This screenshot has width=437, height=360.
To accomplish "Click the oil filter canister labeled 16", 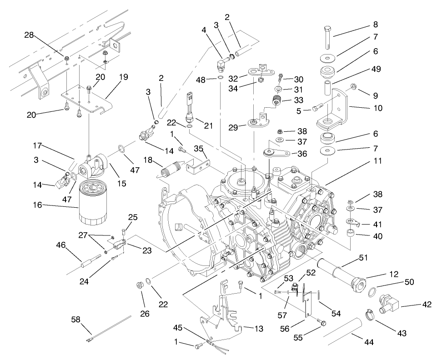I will tap(94, 203).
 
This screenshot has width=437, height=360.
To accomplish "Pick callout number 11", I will tap(378, 161).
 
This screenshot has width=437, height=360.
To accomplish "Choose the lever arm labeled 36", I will tap(277, 153).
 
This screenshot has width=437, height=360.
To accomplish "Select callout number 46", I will tap(60, 245).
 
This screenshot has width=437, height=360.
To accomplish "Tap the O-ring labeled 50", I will tap(372, 291).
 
